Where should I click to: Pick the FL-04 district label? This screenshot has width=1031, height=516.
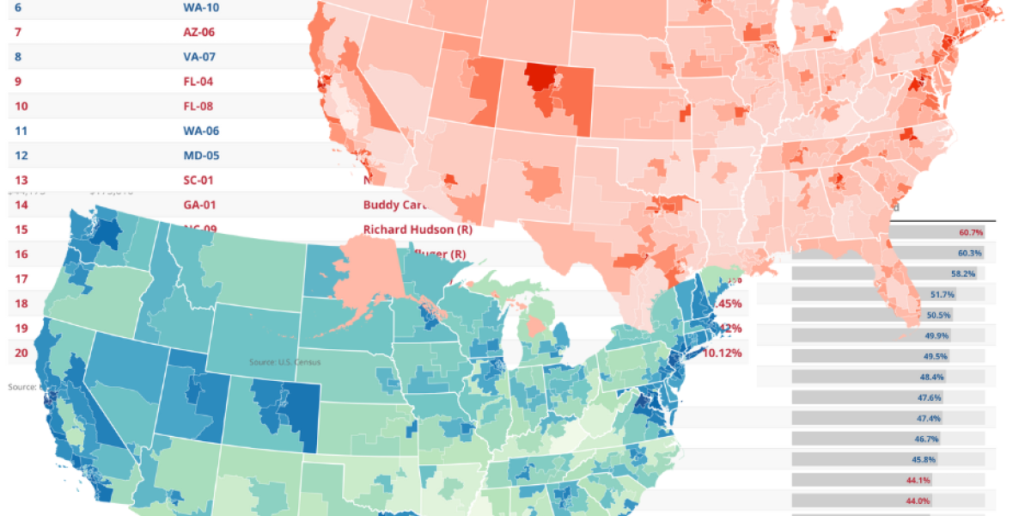198,82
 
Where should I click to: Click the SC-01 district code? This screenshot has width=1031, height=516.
198,181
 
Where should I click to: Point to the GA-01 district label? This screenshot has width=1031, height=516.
199,206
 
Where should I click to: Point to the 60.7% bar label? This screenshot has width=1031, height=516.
971,233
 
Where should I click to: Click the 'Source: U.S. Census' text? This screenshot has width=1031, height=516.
284,362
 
